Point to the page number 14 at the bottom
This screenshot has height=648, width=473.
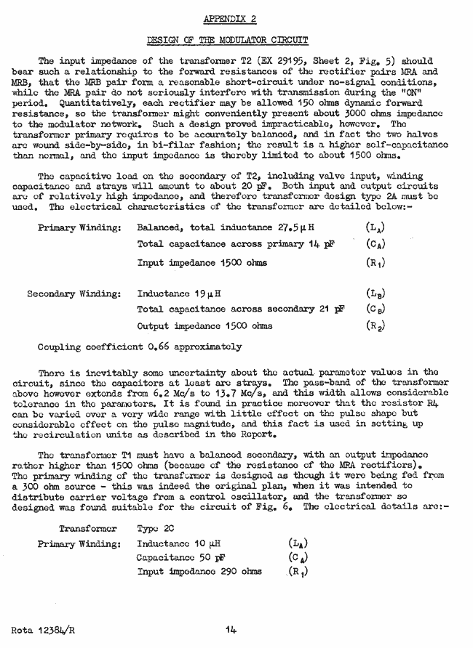click(231, 630)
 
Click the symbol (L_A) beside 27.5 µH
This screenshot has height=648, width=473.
click(375, 227)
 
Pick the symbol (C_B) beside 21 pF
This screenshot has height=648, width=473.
click(375, 310)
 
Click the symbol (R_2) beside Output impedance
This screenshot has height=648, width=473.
click(375, 326)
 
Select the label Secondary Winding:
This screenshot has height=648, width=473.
click(73, 294)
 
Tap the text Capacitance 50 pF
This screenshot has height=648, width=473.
click(180, 557)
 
